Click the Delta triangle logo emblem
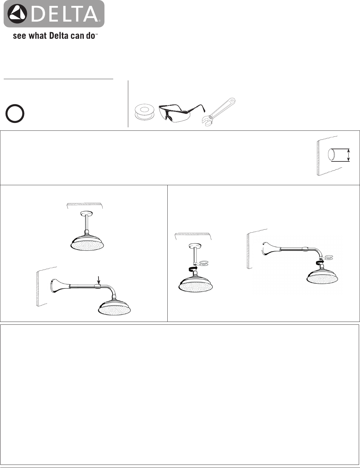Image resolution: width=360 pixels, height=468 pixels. click(x=18, y=13)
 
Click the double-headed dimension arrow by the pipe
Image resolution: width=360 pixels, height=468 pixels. click(x=349, y=155)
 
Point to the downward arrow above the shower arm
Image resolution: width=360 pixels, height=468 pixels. click(x=99, y=280)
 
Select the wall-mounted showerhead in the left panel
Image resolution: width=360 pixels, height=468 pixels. click(x=114, y=307)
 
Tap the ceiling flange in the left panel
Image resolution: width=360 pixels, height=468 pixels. click(x=86, y=213)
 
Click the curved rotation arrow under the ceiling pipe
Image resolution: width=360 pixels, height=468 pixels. click(x=193, y=268)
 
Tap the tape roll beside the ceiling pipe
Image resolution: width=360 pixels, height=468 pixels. click(x=203, y=263)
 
